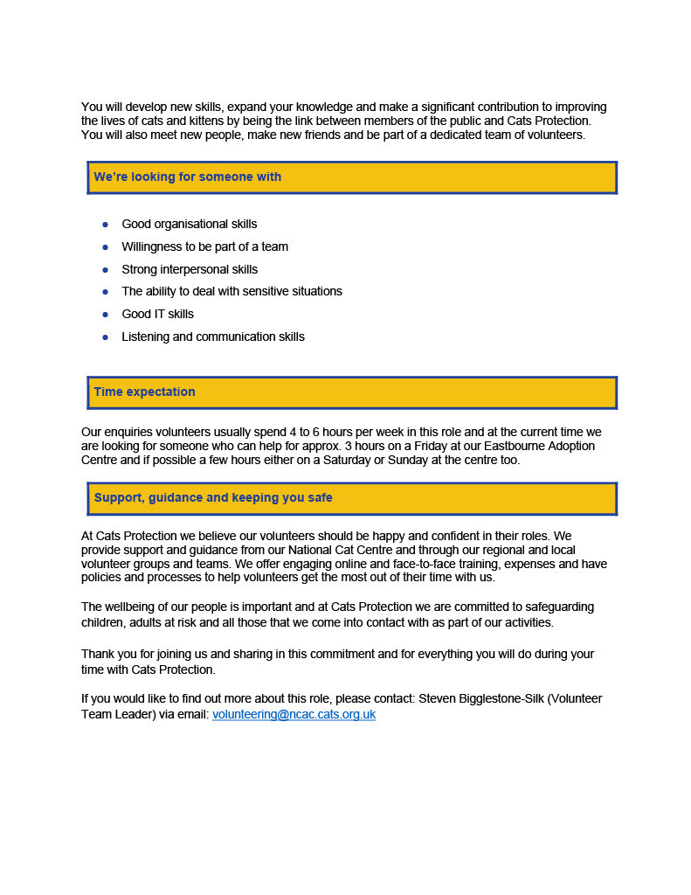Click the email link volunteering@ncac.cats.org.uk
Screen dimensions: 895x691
[294, 714]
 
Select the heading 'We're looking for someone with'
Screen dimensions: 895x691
[188, 177]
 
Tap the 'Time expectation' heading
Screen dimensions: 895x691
[144, 392]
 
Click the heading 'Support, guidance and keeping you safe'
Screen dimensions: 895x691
[213, 497]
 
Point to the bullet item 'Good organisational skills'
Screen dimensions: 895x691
[190, 225]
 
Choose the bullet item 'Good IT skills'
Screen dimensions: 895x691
[158, 314]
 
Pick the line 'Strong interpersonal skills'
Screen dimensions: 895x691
[190, 269]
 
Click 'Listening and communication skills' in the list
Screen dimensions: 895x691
[213, 336]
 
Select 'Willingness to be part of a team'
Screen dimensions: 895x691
[204, 246]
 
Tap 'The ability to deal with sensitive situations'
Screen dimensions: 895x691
[231, 291]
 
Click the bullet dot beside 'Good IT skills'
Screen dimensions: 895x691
[105, 314]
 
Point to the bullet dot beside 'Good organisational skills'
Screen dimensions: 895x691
[105, 225]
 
